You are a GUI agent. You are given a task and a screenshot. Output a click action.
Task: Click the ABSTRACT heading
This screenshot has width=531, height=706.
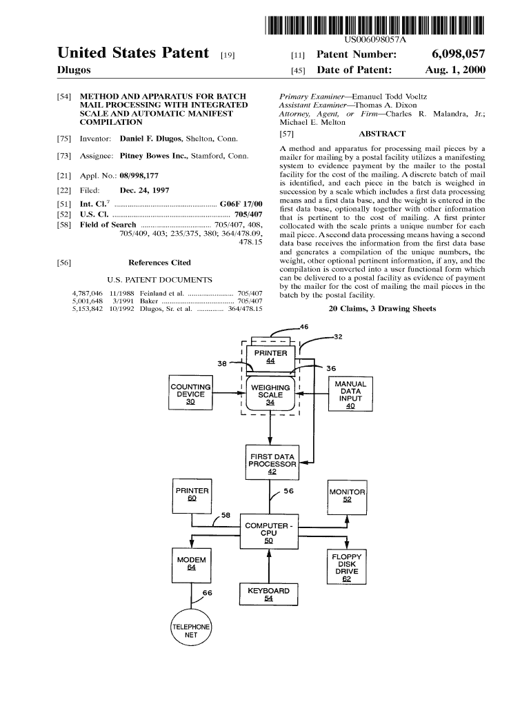click(x=382, y=134)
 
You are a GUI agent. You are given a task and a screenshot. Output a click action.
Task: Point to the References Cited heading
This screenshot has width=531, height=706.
click(x=159, y=263)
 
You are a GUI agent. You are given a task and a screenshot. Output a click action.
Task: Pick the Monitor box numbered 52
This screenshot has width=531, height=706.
click(x=347, y=496)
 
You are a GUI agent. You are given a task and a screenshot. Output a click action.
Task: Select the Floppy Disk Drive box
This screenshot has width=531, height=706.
click(x=346, y=567)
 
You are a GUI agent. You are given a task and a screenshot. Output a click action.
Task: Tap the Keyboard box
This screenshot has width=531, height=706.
click(x=268, y=594)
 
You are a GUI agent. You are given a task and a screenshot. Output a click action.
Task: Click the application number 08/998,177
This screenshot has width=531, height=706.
click(x=140, y=176)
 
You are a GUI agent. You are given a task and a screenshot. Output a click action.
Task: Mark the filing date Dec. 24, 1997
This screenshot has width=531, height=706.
click(x=145, y=190)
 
